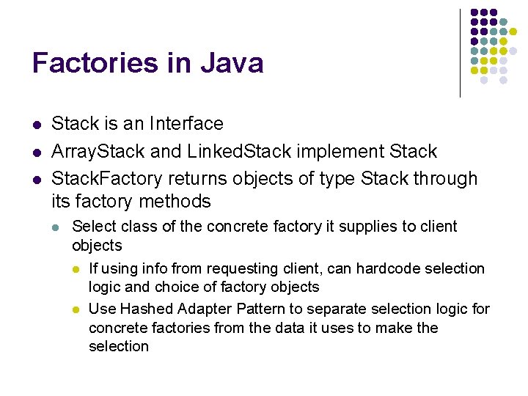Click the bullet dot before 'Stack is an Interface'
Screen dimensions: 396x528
pos(37,125)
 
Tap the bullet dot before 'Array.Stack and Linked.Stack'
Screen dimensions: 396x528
pos(37,153)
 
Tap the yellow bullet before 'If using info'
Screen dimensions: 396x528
pos(76,269)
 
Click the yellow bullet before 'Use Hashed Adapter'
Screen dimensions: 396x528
pos(76,309)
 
